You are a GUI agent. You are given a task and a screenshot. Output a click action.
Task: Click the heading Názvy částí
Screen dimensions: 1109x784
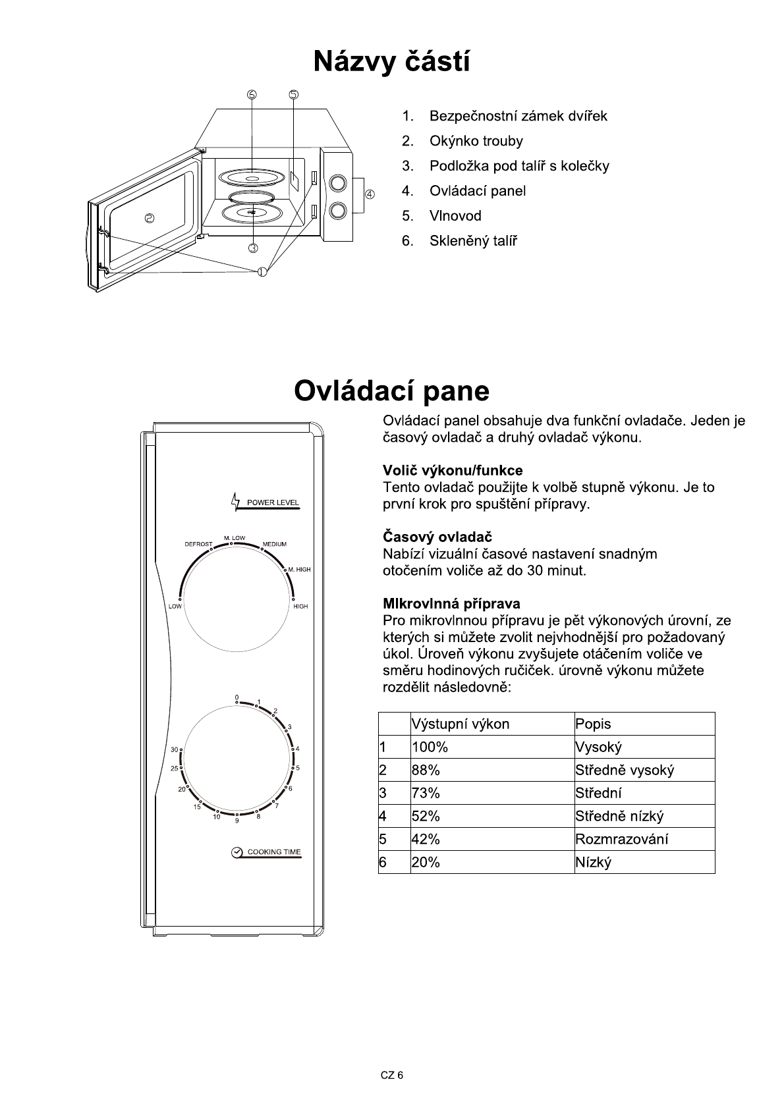[391, 62]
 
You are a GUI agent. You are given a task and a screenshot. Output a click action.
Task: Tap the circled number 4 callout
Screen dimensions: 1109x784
[370, 194]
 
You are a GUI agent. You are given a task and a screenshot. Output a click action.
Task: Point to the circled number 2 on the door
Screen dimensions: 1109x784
[150, 219]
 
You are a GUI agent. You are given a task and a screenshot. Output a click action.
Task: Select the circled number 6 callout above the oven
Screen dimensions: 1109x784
[252, 94]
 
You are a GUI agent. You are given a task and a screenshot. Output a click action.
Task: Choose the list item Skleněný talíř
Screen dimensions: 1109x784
[473, 241]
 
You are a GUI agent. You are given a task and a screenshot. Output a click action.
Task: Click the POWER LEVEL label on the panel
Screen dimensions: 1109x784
[273, 502]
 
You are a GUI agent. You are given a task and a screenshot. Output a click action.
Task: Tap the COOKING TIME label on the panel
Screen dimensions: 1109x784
[273, 852]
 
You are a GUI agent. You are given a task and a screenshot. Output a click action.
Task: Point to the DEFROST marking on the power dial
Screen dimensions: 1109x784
[198, 544]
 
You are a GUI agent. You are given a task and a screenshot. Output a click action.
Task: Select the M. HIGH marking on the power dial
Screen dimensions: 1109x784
[299, 569]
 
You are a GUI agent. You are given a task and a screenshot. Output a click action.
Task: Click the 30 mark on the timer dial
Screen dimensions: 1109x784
[174, 749]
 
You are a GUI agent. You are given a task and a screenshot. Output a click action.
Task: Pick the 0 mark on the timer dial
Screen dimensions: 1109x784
[236, 697]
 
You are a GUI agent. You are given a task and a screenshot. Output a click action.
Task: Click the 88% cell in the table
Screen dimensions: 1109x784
[426, 770]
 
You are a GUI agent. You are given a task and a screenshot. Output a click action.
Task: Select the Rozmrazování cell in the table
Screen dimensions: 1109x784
[621, 839]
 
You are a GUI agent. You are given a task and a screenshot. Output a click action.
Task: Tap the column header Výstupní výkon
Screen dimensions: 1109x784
[461, 724]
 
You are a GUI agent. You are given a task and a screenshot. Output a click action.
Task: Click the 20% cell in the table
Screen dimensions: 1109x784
[426, 862]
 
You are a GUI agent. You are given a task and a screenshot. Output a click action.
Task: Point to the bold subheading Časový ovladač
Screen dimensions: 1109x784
[437, 537]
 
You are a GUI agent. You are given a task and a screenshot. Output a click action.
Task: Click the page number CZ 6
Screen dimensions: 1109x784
[391, 1075]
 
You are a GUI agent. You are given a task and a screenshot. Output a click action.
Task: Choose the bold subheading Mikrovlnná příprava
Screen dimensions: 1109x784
[451, 603]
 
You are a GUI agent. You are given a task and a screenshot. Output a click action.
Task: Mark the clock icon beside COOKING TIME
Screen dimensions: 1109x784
[237, 852]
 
